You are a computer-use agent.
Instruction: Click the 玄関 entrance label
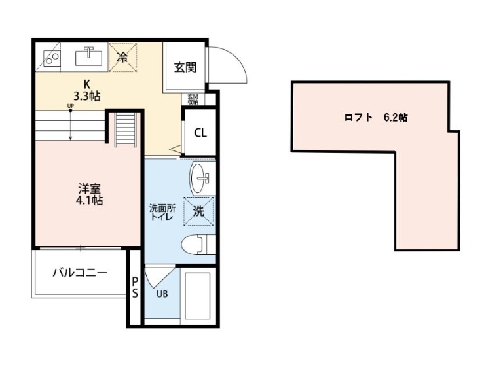185,67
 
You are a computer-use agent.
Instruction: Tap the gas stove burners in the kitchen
51,58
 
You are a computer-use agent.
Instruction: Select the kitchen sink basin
89,56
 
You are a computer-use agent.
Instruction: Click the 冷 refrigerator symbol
122,58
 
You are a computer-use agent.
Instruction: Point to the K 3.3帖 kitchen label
86,90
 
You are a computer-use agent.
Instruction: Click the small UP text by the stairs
71,106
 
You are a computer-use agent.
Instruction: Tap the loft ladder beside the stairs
126,129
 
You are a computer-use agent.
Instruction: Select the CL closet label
200,133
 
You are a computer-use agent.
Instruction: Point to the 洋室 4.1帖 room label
89,194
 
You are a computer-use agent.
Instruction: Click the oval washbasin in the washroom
200,178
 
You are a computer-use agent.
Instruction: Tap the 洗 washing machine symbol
199,211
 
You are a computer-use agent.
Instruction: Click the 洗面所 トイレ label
162,213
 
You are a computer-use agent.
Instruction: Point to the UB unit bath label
162,294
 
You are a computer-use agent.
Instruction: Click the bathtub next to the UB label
198,296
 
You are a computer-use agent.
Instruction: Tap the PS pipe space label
135,287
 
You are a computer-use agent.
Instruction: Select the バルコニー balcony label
81,273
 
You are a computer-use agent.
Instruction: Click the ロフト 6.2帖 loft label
376,118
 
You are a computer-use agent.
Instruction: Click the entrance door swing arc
238,58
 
